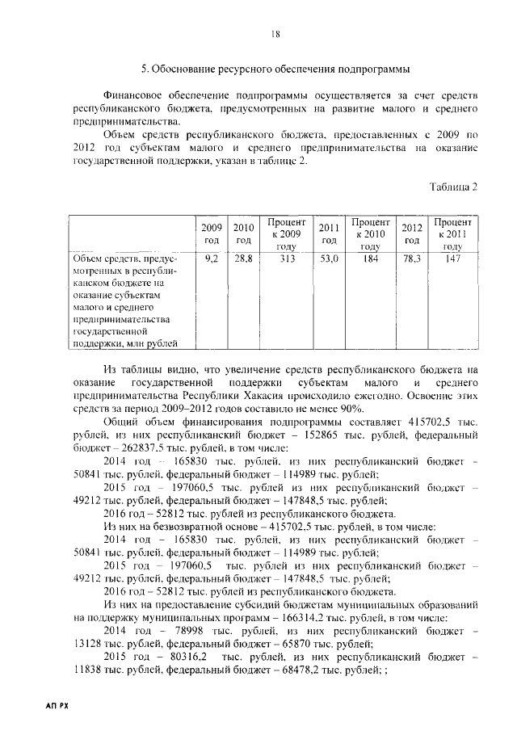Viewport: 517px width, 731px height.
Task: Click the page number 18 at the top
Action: pos(275,33)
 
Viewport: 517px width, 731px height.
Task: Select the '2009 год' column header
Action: pos(212,233)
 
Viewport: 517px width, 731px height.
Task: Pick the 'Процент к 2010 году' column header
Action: pos(370,233)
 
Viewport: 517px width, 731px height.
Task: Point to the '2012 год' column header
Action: pos(412,233)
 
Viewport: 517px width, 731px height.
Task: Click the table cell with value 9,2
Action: pos(212,259)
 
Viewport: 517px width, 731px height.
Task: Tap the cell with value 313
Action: pos(286,259)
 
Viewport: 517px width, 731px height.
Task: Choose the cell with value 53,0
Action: pos(328,259)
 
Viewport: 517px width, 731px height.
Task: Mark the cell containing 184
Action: pos(370,259)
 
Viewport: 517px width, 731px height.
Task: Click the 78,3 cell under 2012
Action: pos(412,259)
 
